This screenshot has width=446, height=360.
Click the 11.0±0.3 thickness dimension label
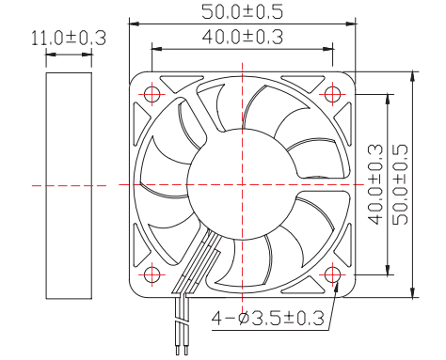(69, 39)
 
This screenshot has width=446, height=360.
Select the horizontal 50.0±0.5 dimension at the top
(242, 12)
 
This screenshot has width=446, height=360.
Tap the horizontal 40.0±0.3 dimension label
(243, 37)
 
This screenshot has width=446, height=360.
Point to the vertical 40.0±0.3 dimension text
(375, 184)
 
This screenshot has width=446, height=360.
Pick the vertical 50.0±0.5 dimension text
(400, 184)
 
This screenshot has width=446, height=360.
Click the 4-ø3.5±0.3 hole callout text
(267, 319)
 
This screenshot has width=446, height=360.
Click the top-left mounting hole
(151, 94)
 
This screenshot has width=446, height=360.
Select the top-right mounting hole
(332, 94)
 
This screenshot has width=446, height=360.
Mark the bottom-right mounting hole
(332, 274)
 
